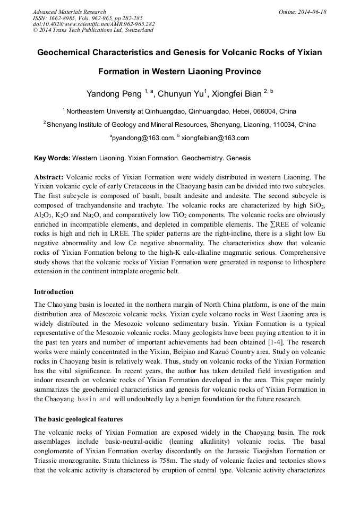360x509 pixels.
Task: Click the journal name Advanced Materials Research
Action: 69,12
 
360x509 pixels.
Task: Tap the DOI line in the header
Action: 93,24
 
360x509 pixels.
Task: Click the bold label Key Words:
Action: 52,158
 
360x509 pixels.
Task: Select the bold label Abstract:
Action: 49,177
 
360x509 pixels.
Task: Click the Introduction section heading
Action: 54,292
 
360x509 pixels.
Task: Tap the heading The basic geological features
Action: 78,419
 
